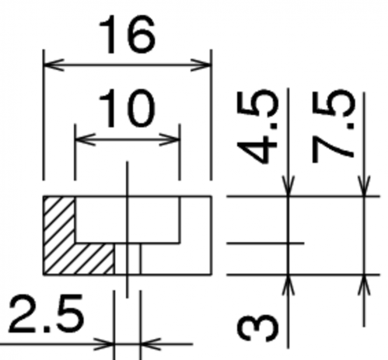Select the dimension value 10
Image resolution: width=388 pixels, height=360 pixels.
(x=127, y=109)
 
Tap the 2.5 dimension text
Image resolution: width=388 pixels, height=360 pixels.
(x=46, y=313)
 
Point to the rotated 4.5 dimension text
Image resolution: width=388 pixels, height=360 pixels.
(x=257, y=127)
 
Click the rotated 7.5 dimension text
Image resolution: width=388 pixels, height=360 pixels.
(x=333, y=127)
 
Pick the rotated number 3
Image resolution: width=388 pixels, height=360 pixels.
(x=257, y=328)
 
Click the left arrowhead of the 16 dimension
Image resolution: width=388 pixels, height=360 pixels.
(x=54, y=65)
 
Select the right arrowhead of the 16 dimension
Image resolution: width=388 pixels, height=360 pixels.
(x=201, y=65)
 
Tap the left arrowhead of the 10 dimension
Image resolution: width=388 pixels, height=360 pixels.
(x=86, y=139)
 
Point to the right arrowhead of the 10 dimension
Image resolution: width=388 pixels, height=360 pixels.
(x=170, y=139)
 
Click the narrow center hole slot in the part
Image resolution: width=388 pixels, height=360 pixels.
(x=128, y=259)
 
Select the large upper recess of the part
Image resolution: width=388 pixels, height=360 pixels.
(x=128, y=220)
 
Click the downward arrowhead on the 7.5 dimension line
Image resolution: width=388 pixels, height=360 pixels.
(x=364, y=186)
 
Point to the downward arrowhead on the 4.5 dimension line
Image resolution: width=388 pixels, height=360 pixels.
(x=288, y=186)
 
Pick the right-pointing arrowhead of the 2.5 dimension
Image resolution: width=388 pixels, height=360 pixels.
(x=103, y=344)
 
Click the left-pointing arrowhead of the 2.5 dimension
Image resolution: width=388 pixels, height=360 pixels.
(x=151, y=344)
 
